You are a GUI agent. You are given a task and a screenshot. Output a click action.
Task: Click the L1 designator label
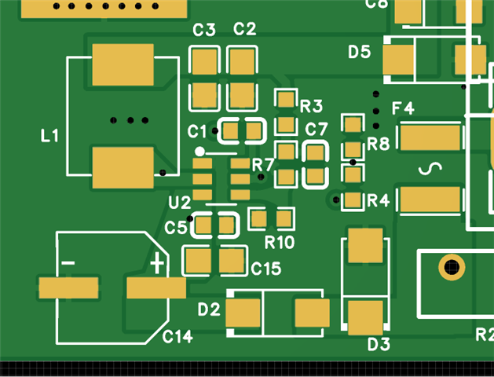tap(49, 136)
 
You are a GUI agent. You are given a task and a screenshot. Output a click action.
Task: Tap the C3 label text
tap(204, 30)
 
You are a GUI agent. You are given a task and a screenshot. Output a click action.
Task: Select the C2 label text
tap(245, 30)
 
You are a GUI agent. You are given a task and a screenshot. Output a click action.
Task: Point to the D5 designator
tap(360, 52)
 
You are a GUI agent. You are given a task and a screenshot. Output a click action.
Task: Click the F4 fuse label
tap(403, 108)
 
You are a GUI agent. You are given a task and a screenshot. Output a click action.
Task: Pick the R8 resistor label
tap(379, 144)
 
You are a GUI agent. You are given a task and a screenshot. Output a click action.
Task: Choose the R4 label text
tap(379, 201)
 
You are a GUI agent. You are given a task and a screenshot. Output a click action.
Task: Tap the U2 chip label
tap(179, 203)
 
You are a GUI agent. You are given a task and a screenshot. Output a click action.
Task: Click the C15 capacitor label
tap(266, 269)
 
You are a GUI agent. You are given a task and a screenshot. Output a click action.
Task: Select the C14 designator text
tap(177, 337)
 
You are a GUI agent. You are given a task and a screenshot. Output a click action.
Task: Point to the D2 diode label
tap(209, 309)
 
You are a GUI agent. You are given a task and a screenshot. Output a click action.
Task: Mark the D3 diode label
tap(379, 344)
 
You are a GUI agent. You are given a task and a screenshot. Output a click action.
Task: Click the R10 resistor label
tap(280, 242)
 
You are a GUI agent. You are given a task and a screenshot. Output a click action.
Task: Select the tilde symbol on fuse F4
tap(429, 169)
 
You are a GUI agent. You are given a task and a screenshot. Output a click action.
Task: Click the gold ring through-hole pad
tap(451, 267)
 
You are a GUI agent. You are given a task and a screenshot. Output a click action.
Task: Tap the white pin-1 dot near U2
tap(200, 152)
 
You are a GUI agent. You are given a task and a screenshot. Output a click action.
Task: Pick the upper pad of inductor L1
tap(123, 65)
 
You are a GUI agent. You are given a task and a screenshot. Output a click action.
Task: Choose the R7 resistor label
tap(263, 165)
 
